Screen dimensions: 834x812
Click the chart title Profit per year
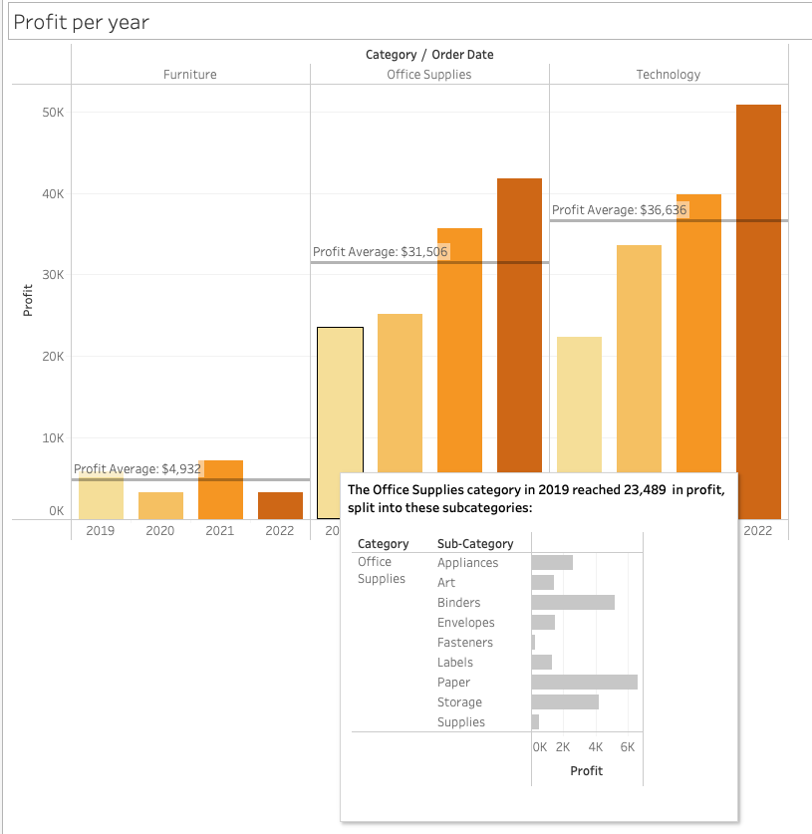(x=81, y=22)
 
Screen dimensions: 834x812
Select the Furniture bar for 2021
(x=220, y=489)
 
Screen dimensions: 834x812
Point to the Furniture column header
(x=190, y=75)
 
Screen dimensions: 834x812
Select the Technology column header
(x=669, y=75)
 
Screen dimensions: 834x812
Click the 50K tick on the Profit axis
(x=53, y=113)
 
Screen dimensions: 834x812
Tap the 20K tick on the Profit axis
(x=53, y=356)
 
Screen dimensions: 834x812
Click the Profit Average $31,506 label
(x=381, y=252)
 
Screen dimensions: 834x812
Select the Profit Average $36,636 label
(x=620, y=210)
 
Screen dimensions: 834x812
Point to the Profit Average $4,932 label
(x=138, y=468)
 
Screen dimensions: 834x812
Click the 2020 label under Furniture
(x=160, y=531)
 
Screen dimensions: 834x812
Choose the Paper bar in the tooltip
(x=584, y=683)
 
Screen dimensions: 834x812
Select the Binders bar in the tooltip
(x=573, y=603)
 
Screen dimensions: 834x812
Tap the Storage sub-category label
(x=459, y=702)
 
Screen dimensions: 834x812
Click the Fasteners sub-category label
(x=464, y=643)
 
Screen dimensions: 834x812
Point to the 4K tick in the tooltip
(x=596, y=746)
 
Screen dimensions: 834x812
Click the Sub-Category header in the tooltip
(x=475, y=544)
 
